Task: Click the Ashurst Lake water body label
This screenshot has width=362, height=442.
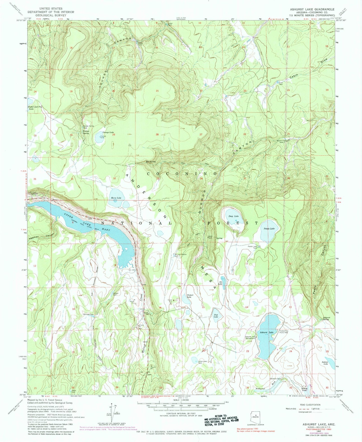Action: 266,332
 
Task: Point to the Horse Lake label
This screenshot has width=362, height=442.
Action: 116,198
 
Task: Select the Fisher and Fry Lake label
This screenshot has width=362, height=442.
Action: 34,108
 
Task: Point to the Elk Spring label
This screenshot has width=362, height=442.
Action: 151,162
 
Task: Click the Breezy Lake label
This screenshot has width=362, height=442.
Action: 304,389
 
